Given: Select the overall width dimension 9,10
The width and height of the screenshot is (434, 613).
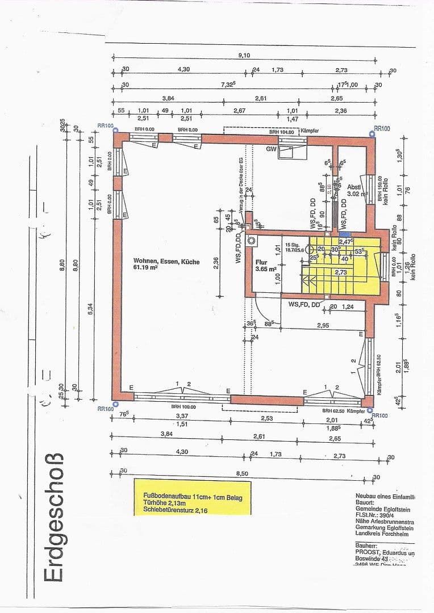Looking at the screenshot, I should click(244, 54).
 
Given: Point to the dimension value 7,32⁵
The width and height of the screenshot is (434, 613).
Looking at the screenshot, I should click(228, 85).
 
